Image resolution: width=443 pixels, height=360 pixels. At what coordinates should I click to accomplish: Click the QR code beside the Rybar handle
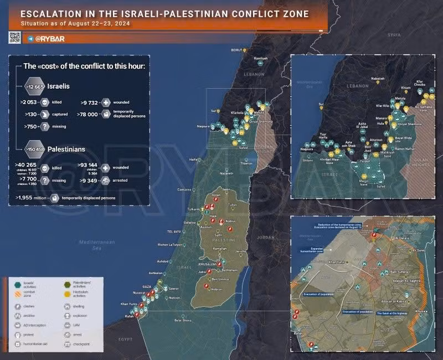point(15,38)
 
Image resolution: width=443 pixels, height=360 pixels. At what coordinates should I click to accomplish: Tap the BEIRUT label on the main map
point(237,50)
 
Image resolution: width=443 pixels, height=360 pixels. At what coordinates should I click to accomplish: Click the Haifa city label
point(194,160)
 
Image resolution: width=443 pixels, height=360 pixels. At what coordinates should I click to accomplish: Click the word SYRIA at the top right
point(394,34)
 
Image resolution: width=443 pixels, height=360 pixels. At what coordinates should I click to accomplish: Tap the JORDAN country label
point(266,237)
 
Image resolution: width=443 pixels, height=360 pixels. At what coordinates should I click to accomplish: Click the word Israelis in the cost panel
point(59,87)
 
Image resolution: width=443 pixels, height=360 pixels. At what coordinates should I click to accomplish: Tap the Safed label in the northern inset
point(380,187)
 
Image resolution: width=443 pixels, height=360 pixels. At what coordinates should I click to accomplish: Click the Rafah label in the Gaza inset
point(298,333)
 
